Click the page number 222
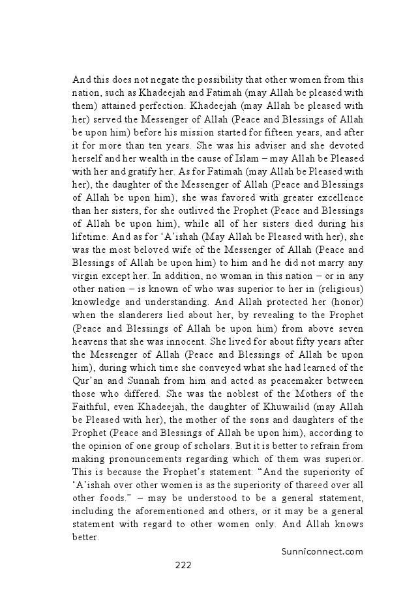pos(183,565)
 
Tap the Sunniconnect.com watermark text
pos(321,551)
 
